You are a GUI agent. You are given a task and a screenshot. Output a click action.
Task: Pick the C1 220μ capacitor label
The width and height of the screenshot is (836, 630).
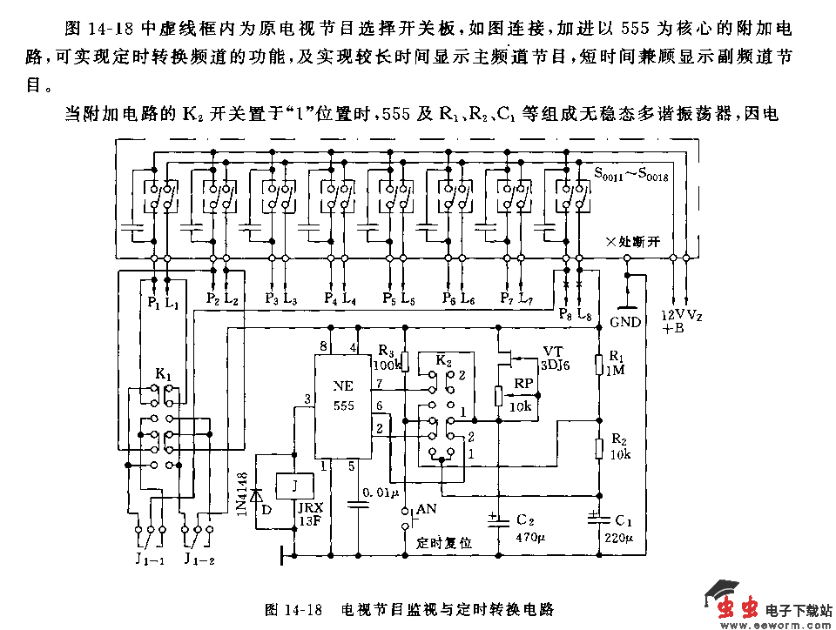coord(619,527)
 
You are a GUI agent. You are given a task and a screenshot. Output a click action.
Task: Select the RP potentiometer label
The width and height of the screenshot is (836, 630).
coord(523,383)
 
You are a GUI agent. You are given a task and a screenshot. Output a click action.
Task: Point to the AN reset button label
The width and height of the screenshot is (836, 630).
coord(426,508)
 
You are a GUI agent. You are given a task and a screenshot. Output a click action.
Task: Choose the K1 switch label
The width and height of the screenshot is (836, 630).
coord(164,374)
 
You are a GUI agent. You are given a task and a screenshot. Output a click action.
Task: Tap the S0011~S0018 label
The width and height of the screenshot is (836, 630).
coord(630,177)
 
